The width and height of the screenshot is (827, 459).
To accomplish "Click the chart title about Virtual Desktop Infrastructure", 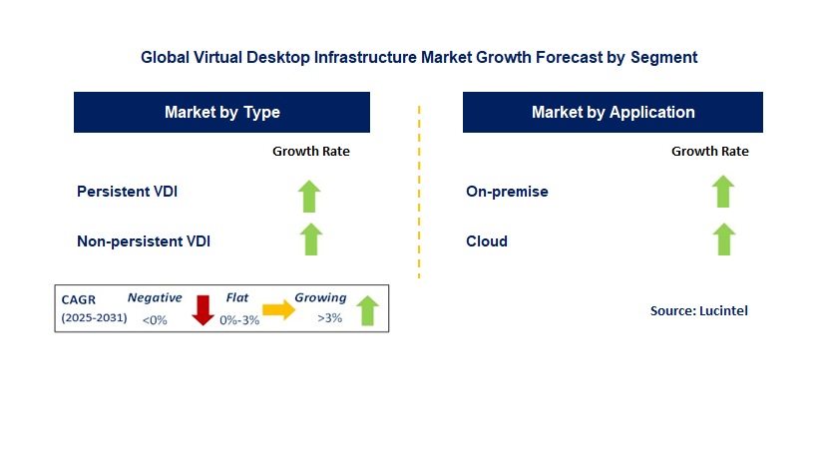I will tap(419, 57).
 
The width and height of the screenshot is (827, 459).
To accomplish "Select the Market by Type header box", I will tap(221, 112).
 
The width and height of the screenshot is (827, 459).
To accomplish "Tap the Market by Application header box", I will tap(613, 112).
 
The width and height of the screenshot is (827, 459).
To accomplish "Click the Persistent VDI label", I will tap(127, 191).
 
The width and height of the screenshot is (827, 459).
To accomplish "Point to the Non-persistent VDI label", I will tap(144, 240).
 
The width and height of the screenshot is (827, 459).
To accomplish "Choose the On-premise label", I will tap(507, 191).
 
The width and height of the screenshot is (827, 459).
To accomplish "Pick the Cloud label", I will tap(487, 240).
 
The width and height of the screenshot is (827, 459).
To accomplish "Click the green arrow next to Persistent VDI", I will tap(311, 195).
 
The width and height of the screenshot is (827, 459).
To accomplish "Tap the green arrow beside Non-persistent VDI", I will tap(311, 239).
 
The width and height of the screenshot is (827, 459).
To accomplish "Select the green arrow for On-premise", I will tap(723, 191).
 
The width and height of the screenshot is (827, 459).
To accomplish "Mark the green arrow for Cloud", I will tap(723, 239).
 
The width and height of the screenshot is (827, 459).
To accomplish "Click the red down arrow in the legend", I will tap(204, 309).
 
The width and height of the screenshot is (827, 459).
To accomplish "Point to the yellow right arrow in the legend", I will tap(279, 309).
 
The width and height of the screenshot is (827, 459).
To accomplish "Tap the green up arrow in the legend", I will tap(367, 310).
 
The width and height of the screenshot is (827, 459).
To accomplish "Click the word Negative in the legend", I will tap(155, 297).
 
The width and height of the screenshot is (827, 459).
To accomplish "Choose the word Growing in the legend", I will tap(320, 297).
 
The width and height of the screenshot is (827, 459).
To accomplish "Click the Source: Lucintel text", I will tap(698, 310).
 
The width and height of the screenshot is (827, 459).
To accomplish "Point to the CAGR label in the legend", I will tap(78, 298).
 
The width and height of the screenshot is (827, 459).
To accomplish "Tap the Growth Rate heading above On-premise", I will tap(709, 152).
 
